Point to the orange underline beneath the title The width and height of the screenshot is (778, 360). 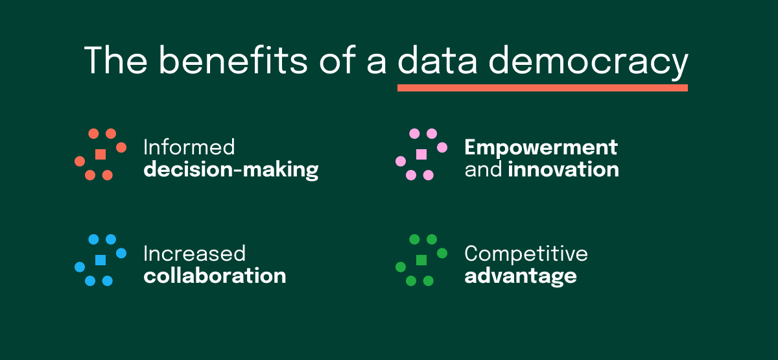coord(542,88)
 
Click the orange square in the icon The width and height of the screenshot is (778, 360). coord(100,154)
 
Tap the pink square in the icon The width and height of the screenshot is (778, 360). coord(421,154)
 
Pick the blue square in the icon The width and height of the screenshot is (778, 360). coord(100,260)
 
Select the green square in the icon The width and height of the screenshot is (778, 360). coord(421,260)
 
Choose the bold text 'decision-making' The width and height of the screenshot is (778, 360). coord(231,170)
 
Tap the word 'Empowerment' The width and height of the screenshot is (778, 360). coord(541,147)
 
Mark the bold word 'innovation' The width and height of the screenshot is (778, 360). coord(563,170)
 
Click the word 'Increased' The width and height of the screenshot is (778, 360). coord(194,253)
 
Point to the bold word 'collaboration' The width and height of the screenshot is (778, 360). coord(215,275)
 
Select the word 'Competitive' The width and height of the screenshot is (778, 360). coord(526,253)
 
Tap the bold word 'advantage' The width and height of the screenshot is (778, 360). coord(521,276)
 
